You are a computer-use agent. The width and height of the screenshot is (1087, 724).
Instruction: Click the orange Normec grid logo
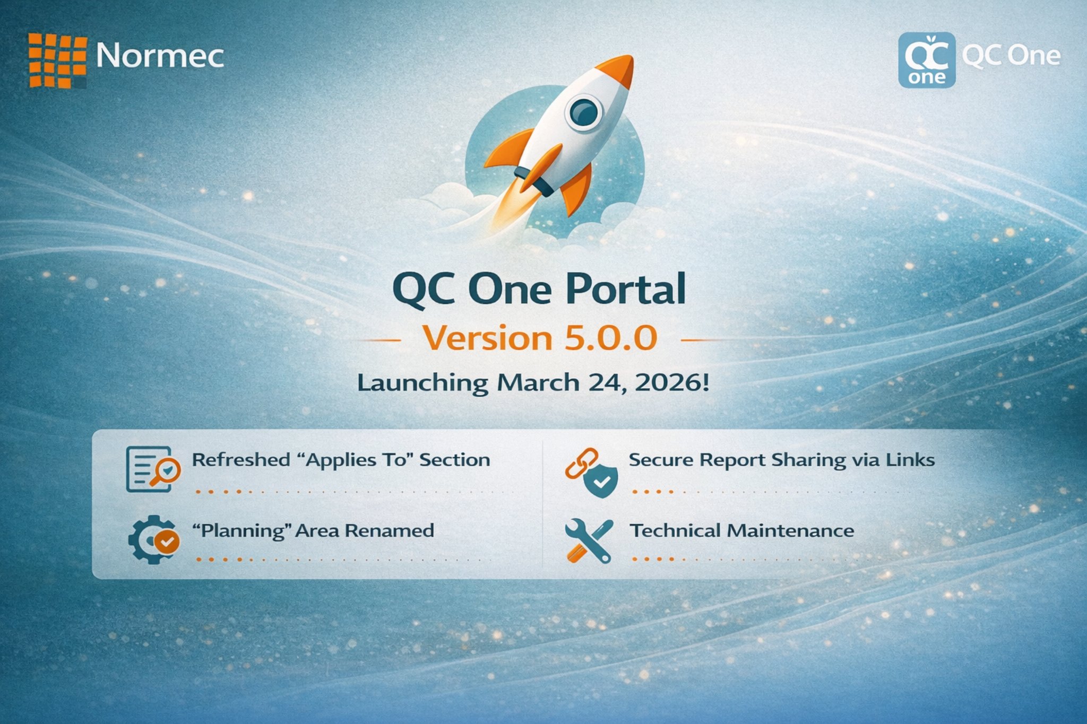57,60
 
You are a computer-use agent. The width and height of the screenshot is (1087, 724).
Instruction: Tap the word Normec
160,56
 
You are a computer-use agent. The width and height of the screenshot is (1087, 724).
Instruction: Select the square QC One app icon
927,60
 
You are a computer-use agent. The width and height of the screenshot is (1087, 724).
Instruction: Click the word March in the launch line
538,382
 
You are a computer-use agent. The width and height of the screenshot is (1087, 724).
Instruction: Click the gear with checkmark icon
153,539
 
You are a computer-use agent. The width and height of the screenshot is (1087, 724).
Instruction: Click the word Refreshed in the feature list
241,460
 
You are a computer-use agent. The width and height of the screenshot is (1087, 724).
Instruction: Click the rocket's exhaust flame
515,207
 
